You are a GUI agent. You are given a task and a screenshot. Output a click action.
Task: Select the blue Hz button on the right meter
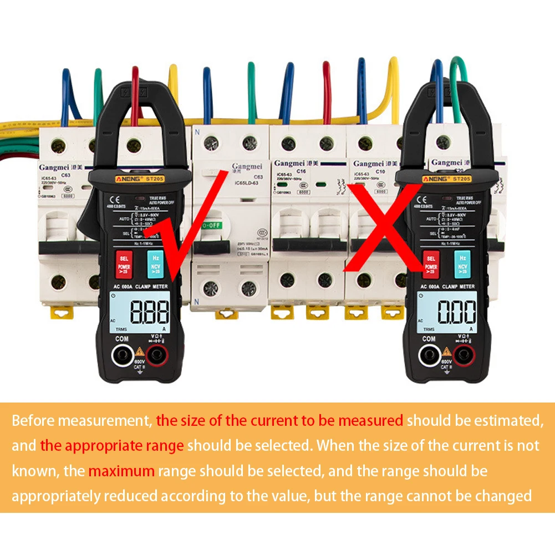coord(459,263)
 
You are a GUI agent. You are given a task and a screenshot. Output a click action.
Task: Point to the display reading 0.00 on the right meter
coord(456,312)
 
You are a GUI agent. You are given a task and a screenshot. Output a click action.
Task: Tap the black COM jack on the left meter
coord(121,355)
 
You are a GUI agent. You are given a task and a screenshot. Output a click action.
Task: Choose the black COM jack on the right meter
coord(429,355)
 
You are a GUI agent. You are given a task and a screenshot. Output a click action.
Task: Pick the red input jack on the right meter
coord(464,354)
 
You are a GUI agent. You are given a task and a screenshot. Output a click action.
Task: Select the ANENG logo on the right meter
coord(435,179)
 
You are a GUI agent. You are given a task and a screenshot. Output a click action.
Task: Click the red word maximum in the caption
coord(121,472)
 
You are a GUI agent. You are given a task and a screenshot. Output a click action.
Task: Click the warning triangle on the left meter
coord(139,352)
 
